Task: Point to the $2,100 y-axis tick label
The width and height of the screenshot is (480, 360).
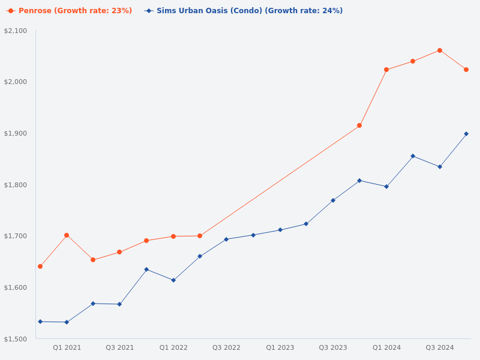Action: (x=16, y=31)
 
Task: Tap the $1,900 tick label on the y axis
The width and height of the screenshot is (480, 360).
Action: (x=16, y=133)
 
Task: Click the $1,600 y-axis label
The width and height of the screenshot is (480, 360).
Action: (x=16, y=287)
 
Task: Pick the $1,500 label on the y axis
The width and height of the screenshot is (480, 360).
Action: (x=16, y=339)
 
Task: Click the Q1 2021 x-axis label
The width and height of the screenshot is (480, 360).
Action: (x=67, y=347)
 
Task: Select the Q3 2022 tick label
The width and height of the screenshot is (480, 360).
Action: (x=226, y=347)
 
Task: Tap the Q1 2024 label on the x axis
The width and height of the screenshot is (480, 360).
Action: (x=386, y=347)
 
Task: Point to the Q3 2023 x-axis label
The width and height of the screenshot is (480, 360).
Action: (x=333, y=347)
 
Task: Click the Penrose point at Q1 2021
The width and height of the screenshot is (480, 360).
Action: (x=67, y=235)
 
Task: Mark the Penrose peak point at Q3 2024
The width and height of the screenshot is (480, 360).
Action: (x=440, y=50)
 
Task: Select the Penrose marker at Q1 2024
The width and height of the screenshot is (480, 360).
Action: (x=386, y=70)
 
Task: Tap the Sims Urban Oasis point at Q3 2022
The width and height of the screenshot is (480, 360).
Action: (x=226, y=239)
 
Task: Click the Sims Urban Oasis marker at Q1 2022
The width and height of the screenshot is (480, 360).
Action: (x=173, y=280)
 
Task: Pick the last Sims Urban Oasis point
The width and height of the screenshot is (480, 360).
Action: (x=466, y=134)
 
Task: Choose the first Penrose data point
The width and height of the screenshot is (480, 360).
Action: (x=40, y=266)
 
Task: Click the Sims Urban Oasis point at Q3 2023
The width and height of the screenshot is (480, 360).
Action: (x=333, y=200)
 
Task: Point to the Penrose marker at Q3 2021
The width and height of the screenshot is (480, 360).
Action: (x=119, y=252)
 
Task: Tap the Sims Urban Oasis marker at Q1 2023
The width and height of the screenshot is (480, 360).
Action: (x=280, y=230)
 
